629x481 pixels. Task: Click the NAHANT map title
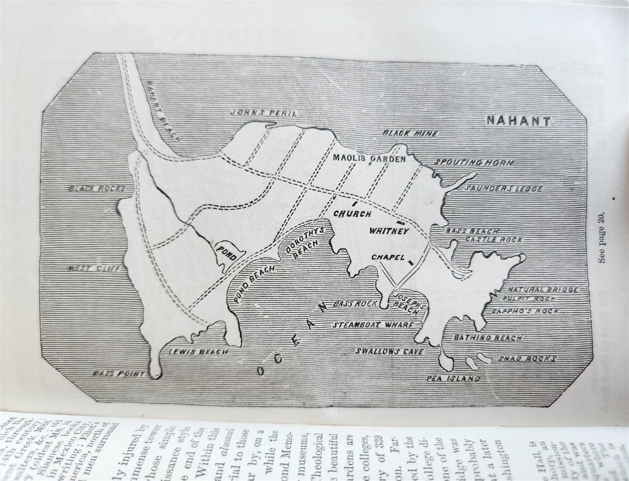pos(519,121)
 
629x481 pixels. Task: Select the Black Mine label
pos(410,133)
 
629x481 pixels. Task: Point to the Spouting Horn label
pos(473,163)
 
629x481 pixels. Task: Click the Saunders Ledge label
pos(503,189)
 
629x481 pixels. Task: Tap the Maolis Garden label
pos(369,159)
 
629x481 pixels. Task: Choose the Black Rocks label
pos(97,189)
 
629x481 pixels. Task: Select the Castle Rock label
pos(493,240)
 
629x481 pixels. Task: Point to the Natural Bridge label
pos(543,290)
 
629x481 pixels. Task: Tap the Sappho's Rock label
pos(525,311)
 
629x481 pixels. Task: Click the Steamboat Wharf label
pos(373,325)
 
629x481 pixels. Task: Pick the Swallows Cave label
pos(390,351)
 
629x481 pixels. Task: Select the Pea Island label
pos(453,378)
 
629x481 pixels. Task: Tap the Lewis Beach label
pos(198,352)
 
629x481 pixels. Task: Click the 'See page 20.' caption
pos(602,237)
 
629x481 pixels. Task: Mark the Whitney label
pos(389,231)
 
